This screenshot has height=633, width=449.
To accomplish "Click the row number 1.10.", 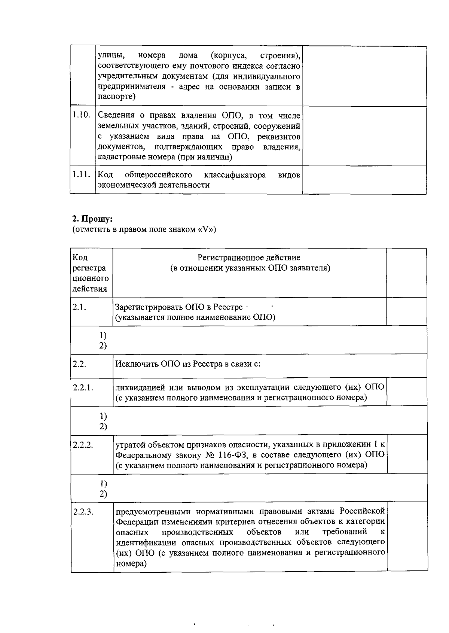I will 82,115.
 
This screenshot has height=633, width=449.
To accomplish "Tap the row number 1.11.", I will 82,174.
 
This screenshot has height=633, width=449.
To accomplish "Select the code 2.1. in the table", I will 79,307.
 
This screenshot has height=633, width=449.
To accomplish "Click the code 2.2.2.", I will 83,445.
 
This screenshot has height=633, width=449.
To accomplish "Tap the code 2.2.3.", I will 83,512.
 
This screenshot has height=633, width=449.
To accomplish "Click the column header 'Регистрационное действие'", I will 249,258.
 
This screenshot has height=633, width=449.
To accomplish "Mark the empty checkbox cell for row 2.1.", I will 406,311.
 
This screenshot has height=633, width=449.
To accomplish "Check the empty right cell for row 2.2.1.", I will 407,392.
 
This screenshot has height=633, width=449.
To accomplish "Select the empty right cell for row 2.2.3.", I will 407,536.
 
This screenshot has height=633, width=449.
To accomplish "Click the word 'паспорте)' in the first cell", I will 116,97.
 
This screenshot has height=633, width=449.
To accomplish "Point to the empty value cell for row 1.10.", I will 364,136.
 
